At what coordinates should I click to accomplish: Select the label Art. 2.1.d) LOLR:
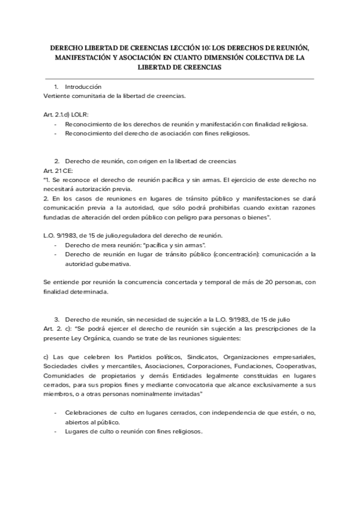[67, 114]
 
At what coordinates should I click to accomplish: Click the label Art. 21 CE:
[58, 171]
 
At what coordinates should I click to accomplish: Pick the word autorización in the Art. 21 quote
[92, 189]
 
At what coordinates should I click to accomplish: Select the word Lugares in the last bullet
[76, 432]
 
